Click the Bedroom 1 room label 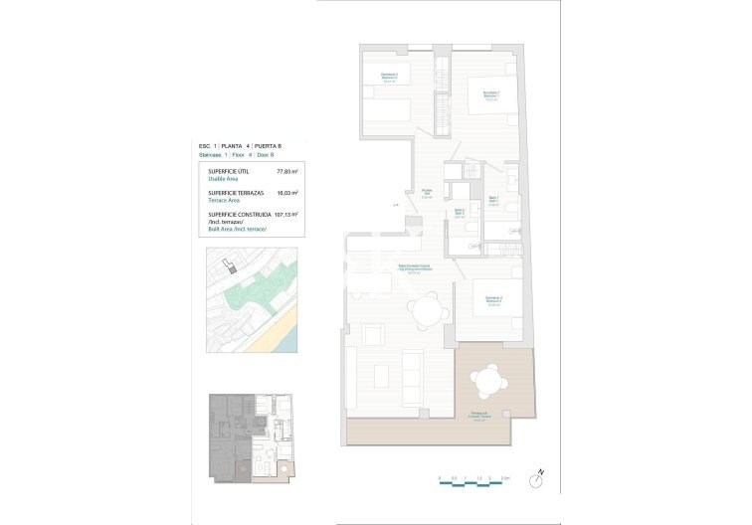(491, 94)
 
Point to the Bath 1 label (490, 202)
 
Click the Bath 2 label (460, 213)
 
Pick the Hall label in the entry (425, 193)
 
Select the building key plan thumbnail (250, 438)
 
